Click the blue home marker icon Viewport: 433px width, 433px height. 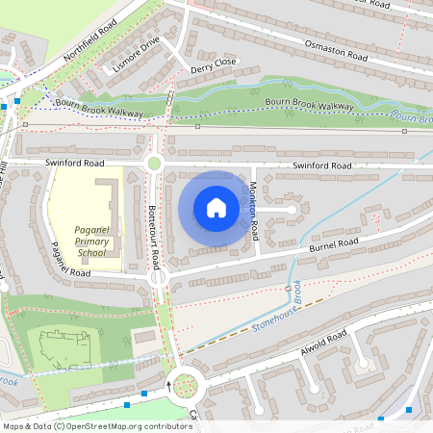(216, 208)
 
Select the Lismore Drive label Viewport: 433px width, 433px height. (135, 56)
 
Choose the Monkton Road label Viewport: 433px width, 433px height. (254, 211)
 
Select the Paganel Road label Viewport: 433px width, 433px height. (71, 260)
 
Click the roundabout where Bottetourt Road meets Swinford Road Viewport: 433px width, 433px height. (154, 164)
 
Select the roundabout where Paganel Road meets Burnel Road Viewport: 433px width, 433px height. (159, 277)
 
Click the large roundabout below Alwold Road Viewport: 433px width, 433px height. (184, 387)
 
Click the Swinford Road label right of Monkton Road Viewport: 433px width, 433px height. (322, 166)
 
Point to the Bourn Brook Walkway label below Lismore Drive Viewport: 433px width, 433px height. (99, 109)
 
